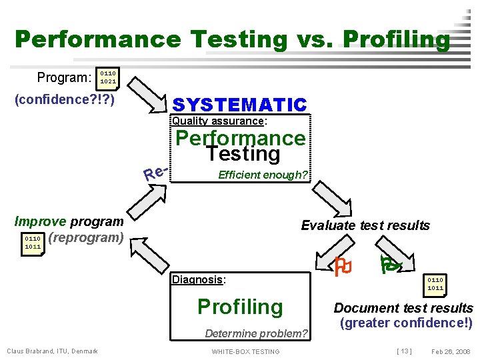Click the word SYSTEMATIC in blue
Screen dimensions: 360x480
tap(239, 105)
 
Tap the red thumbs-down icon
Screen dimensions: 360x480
tap(343, 267)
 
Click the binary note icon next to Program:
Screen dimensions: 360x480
tap(108, 77)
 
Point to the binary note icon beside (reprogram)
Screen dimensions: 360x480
tap(33, 242)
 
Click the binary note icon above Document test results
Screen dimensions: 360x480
tap(436, 284)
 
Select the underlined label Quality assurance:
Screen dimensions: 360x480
tap(219, 121)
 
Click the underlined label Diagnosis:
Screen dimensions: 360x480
tap(199, 279)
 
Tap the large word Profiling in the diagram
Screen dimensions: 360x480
tap(240, 307)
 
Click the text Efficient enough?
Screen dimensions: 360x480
tap(263, 175)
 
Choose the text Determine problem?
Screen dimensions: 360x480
tap(256, 333)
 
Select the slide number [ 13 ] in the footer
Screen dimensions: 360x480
tap(403, 351)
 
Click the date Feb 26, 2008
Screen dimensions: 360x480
tap(450, 351)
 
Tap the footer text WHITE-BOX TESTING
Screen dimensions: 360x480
tap(245, 351)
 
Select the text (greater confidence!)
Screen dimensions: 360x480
tap(405, 323)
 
